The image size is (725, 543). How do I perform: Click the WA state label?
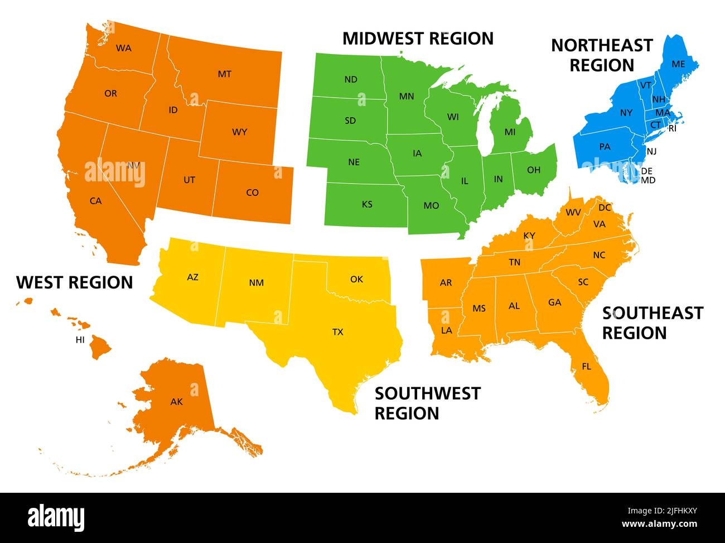(x=123, y=49)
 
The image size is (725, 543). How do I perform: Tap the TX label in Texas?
(x=337, y=332)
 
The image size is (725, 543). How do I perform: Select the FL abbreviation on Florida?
(x=586, y=367)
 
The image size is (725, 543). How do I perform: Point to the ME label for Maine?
(x=678, y=64)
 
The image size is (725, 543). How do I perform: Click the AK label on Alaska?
(x=176, y=402)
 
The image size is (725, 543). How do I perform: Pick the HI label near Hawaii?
(x=80, y=339)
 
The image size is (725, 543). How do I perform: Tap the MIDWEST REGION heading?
(x=418, y=39)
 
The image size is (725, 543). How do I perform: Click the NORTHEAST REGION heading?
(x=601, y=55)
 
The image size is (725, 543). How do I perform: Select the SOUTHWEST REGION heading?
(x=427, y=403)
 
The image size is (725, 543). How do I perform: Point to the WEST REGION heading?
(x=75, y=282)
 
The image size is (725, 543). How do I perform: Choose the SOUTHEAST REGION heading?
(x=652, y=323)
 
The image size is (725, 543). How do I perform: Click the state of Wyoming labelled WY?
(x=239, y=132)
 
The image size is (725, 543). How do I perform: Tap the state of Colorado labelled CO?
(x=252, y=193)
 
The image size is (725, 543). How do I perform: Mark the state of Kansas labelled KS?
(x=367, y=204)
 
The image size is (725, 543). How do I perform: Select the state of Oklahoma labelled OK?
(x=356, y=279)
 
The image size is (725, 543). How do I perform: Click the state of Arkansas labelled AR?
(x=446, y=283)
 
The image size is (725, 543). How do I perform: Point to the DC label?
(x=605, y=208)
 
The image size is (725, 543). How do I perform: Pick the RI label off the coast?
(x=672, y=128)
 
